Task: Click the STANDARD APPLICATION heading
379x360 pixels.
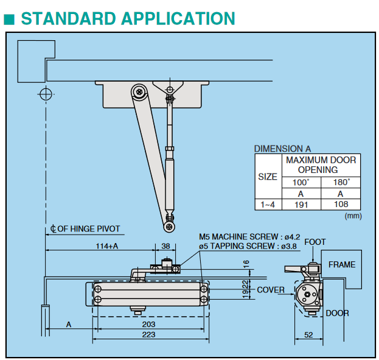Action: pos(128,18)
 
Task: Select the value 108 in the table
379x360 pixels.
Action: pos(341,205)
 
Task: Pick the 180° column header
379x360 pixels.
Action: pos(341,182)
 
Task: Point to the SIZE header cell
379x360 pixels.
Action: pos(268,177)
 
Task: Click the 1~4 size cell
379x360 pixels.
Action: pos(268,205)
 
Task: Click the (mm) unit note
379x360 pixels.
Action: pos(353,216)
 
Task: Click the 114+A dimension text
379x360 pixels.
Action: pos(106,245)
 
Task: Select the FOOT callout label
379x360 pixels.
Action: pos(315,242)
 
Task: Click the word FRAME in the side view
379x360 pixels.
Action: pos(341,265)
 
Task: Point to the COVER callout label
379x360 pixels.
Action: pos(270,290)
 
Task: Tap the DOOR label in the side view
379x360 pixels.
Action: pos(337,313)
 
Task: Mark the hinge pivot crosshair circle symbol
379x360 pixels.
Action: pos(45,94)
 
